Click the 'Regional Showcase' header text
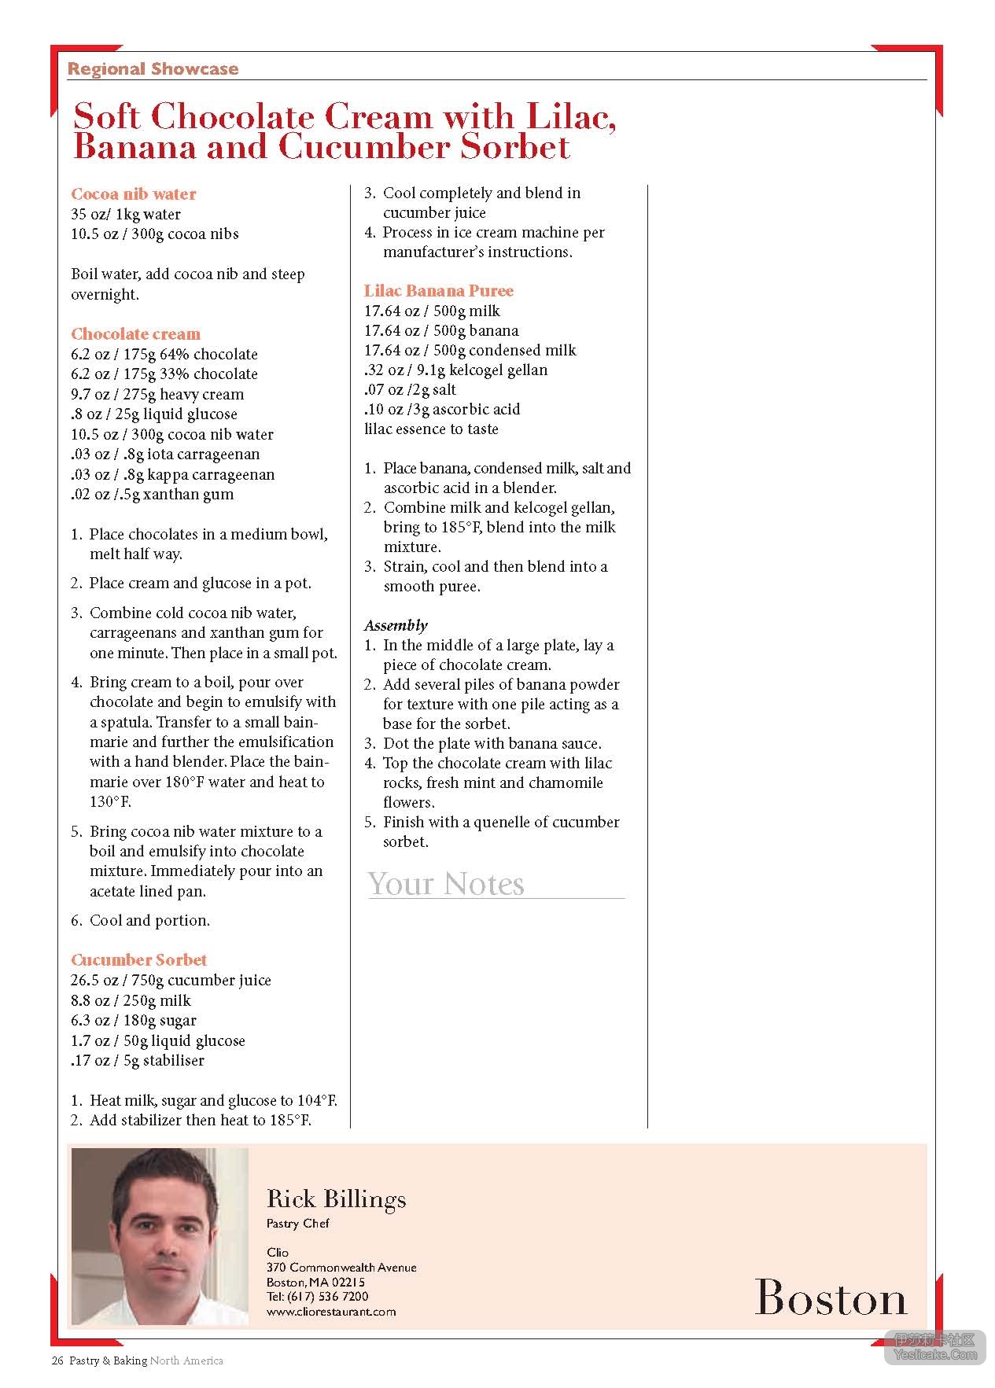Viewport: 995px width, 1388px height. tap(153, 69)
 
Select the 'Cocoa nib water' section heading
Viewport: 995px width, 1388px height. tap(133, 194)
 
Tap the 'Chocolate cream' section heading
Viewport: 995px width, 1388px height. tap(135, 334)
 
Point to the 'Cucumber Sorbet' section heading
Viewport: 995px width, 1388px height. tap(138, 960)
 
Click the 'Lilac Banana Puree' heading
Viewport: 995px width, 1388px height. tap(438, 291)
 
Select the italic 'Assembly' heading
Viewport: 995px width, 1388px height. tap(396, 626)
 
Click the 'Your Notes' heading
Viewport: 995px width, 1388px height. tap(445, 884)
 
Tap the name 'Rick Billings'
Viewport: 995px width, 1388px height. tap(337, 1199)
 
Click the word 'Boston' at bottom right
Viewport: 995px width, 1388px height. tap(830, 1298)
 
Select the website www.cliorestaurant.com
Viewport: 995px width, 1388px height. tap(331, 1312)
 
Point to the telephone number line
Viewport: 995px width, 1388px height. tap(317, 1297)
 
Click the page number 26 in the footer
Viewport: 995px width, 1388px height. tap(57, 1361)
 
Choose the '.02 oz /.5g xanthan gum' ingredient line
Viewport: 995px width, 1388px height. tap(152, 495)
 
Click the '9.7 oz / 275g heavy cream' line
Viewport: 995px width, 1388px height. tap(157, 395)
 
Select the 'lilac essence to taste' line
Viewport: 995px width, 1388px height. tap(431, 429)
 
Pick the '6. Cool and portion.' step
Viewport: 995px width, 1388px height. tap(140, 921)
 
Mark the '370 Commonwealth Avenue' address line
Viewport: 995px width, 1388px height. tap(341, 1268)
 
